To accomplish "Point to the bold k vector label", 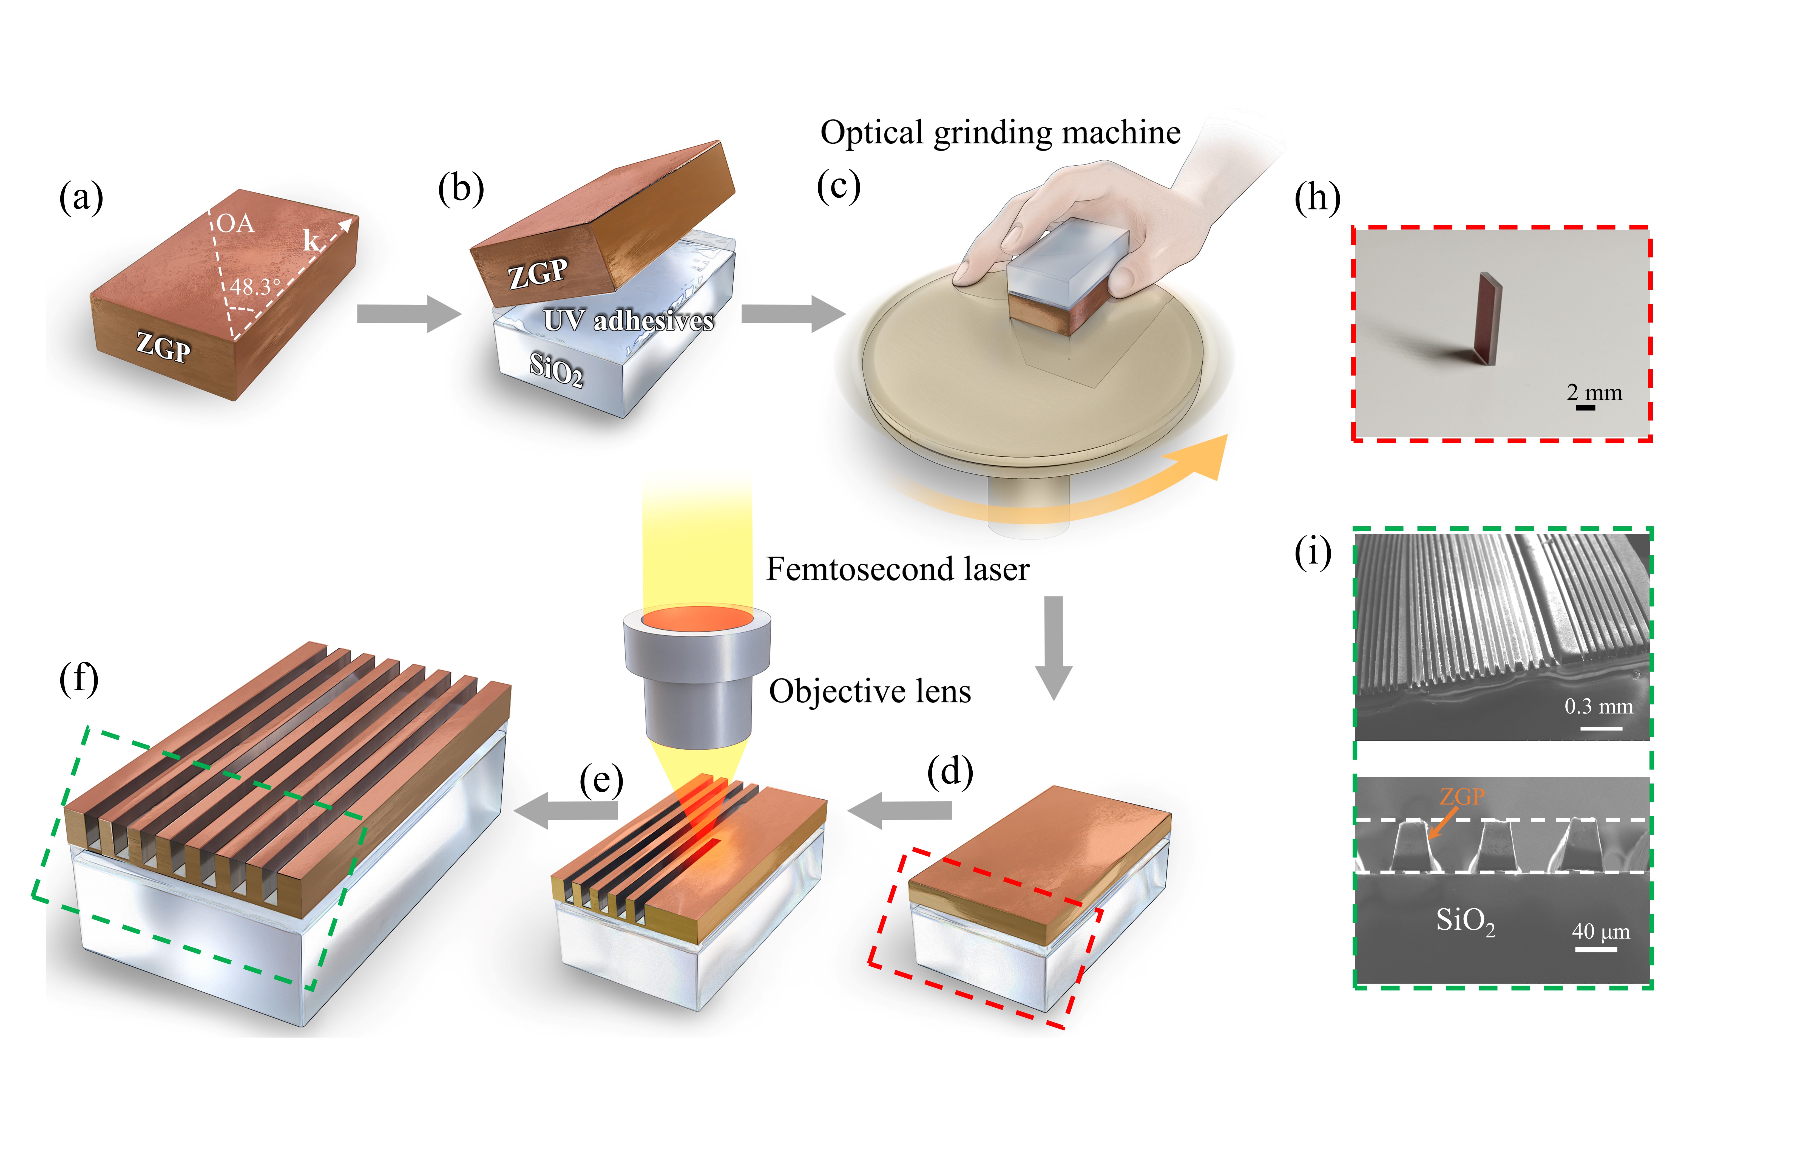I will click(x=312, y=241).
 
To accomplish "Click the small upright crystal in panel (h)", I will click(x=1487, y=318).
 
